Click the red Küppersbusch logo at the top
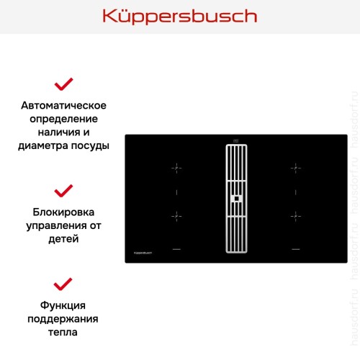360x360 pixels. pos(180,16)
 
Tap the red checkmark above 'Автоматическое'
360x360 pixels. pos(65,84)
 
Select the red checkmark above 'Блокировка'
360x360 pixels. pos(65,191)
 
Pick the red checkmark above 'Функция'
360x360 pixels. pos(65,283)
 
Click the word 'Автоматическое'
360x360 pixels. pos(65,106)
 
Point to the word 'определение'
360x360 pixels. pos(65,119)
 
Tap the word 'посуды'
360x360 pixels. pos(92,145)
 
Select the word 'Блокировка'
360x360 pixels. pos(65,212)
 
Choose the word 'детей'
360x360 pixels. pos(65,238)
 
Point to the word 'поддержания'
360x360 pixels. pos(65,319)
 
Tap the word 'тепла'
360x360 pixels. pos(65,332)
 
